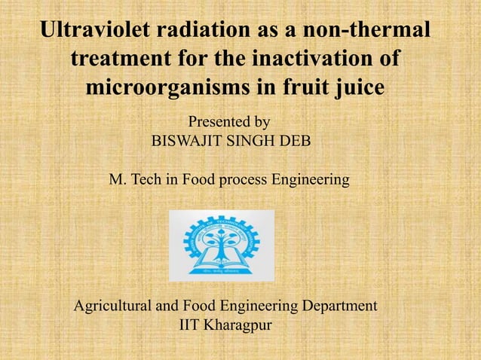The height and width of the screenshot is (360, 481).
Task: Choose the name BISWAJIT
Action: [x=188, y=141]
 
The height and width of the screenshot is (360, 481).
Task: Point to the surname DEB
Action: [x=293, y=141]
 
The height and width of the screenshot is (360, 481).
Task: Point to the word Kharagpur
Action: [x=243, y=326]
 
